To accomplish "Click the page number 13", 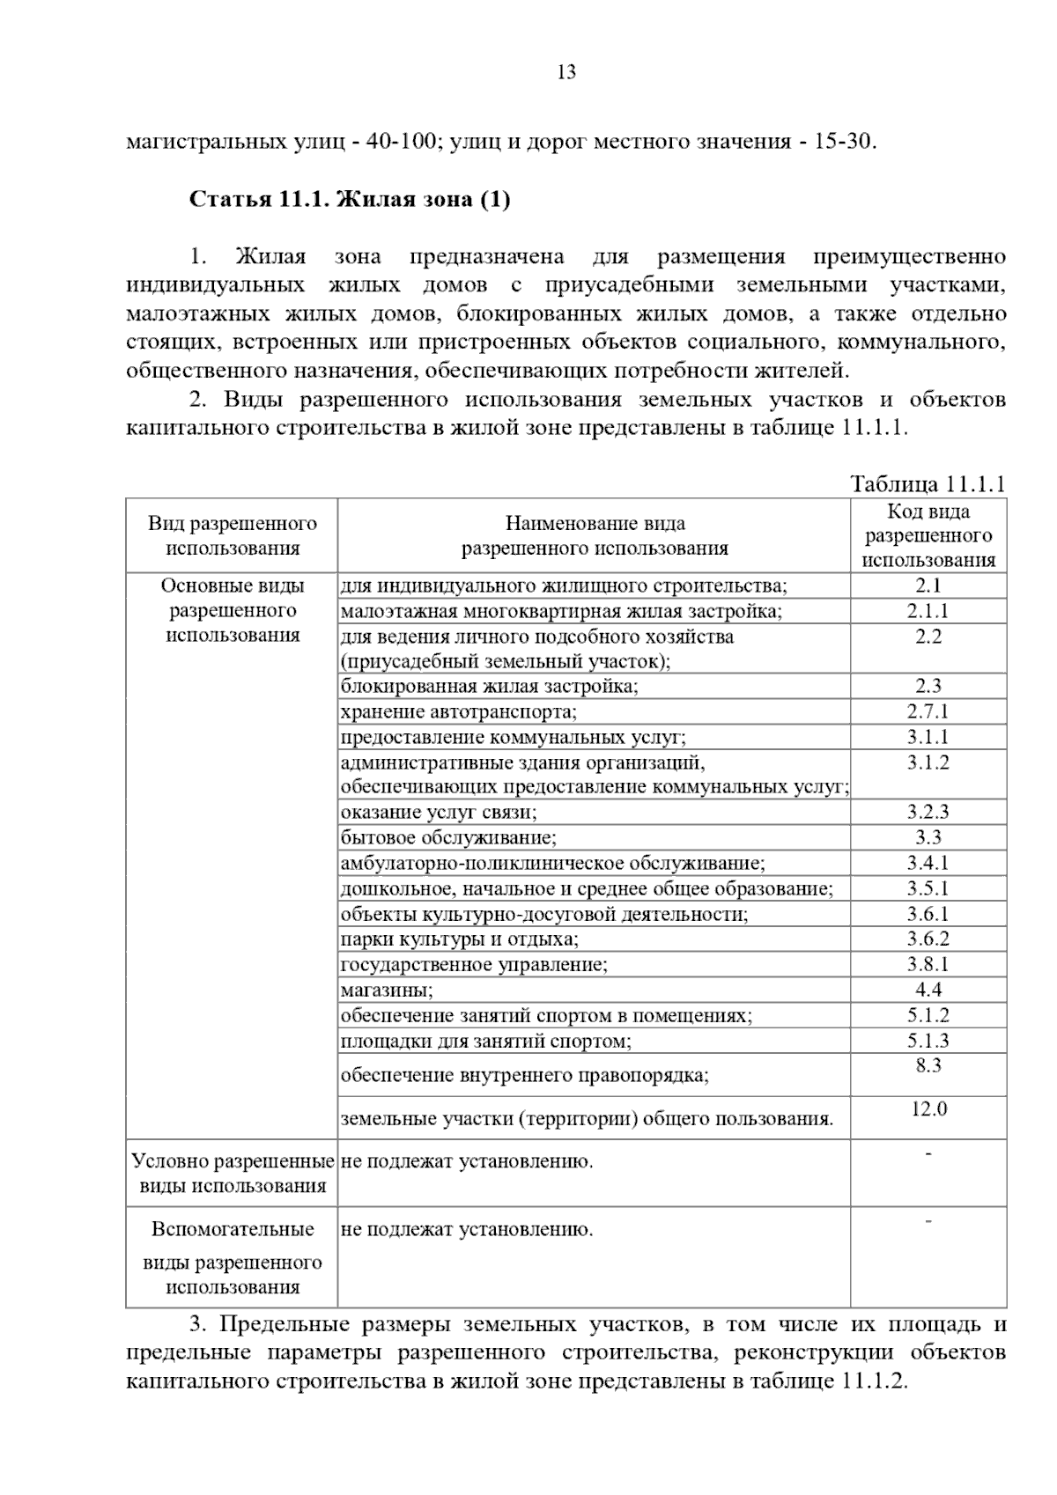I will point(566,73).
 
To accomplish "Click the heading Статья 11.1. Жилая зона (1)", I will point(350,200).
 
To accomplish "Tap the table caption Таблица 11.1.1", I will point(928,484).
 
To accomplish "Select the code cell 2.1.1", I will point(928,611).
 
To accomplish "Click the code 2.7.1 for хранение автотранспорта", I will point(928,711).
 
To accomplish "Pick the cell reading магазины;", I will point(387,991).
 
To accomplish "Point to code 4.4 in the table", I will point(928,990).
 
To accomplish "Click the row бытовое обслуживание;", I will point(448,838).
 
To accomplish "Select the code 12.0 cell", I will point(928,1109).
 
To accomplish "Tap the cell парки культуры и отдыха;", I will point(460,939).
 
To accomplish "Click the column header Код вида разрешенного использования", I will point(928,535).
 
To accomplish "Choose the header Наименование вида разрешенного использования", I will point(595,536).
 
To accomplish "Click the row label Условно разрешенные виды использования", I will point(233,1174).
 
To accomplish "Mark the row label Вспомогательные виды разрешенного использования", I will point(233,1258).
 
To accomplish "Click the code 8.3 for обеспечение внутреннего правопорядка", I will point(928,1066).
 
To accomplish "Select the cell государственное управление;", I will point(474,965).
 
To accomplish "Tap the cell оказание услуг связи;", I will point(439,813).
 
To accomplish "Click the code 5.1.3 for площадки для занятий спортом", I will point(928,1041).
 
